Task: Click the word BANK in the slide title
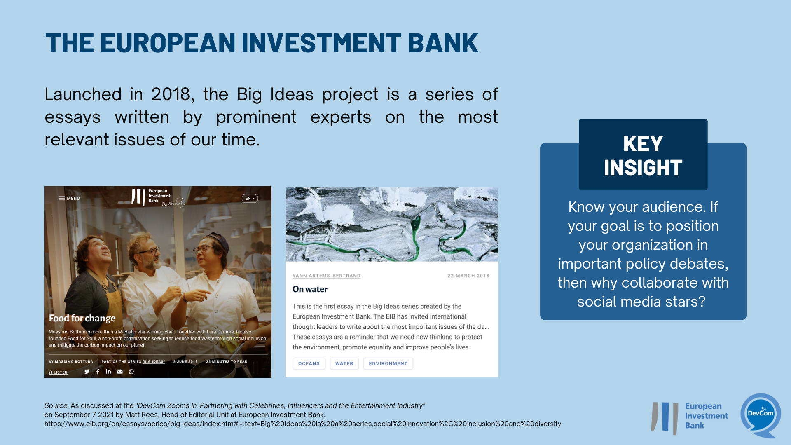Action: click(x=443, y=43)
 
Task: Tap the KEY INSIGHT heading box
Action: click(x=643, y=155)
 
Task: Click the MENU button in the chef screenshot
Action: click(x=69, y=198)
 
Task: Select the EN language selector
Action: click(x=250, y=198)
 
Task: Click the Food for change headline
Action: click(x=82, y=318)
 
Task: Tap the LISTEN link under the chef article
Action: click(x=58, y=372)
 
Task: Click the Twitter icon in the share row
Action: click(x=87, y=372)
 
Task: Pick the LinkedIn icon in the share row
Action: click(x=108, y=371)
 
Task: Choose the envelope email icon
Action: click(x=120, y=372)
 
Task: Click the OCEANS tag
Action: click(x=309, y=363)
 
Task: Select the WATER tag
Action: click(x=344, y=363)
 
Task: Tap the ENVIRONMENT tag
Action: click(x=388, y=363)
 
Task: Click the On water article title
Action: click(x=310, y=289)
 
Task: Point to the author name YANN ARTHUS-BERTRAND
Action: click(x=327, y=276)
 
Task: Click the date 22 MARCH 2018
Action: click(x=468, y=276)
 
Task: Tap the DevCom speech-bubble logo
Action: click(x=761, y=415)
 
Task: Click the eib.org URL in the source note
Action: click(x=303, y=424)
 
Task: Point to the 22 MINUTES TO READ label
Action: click(x=227, y=361)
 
